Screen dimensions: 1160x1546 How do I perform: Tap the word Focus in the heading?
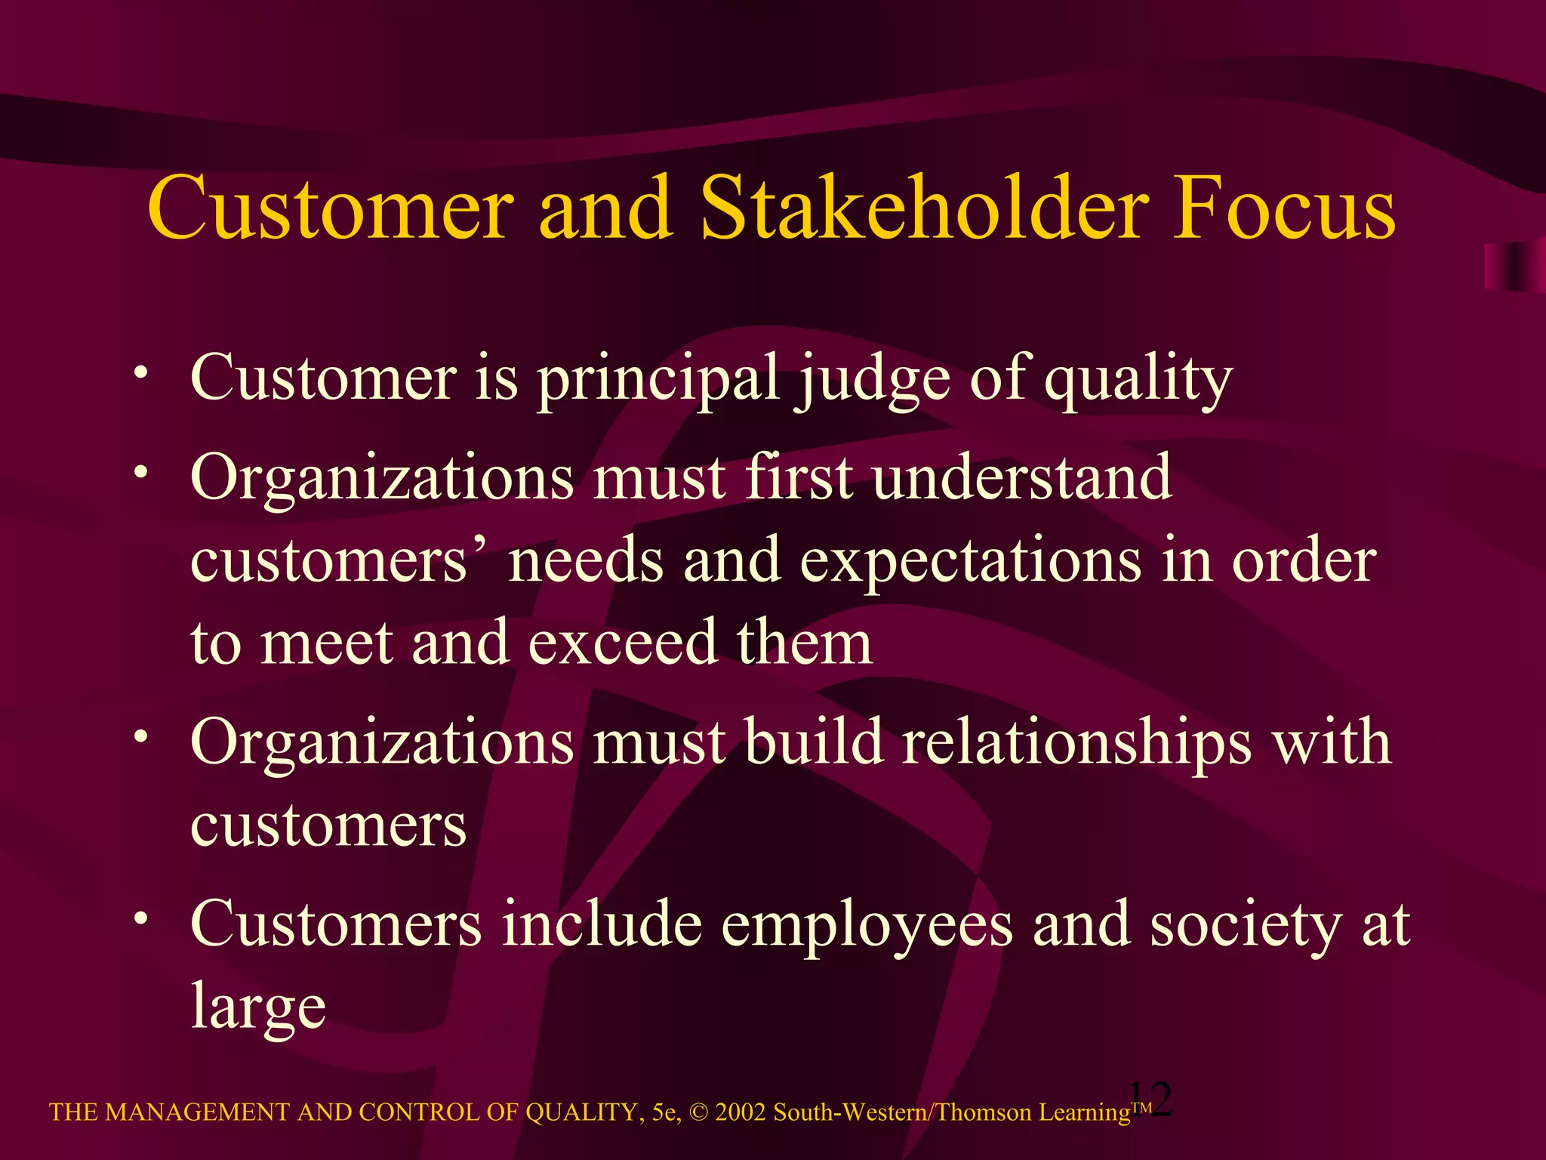[x=1283, y=208]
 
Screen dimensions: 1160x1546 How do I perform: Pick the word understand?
[x=1022, y=478]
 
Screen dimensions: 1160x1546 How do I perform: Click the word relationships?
[x=1076, y=744]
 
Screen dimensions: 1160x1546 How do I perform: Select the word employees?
[x=867, y=925]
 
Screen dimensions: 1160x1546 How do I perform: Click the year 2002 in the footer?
[x=741, y=1112]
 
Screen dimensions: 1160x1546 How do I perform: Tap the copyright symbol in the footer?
[x=699, y=1112]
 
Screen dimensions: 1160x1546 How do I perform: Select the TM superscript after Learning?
[x=1141, y=1106]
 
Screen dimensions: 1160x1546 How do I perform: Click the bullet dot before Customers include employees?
[x=140, y=918]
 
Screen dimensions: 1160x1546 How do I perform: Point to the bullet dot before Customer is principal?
[x=140, y=372]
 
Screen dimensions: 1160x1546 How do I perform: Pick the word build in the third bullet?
[x=814, y=742]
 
